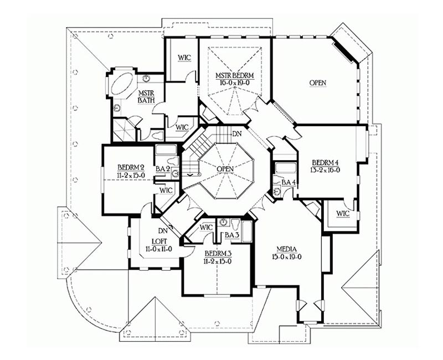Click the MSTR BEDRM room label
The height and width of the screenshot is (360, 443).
click(234, 76)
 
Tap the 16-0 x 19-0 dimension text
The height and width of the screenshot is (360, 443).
click(234, 83)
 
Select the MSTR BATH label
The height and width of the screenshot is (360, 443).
click(146, 96)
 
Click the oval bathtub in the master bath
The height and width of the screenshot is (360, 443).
click(123, 84)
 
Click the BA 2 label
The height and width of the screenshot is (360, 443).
click(163, 169)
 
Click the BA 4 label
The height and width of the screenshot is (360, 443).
click(289, 183)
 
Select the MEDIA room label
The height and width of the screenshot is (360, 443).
click(286, 250)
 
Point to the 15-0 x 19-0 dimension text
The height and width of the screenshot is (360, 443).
click(286, 256)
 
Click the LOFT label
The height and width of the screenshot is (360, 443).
click(159, 241)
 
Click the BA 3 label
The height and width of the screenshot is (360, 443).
click(232, 235)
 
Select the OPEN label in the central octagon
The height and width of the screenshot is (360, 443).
click(225, 169)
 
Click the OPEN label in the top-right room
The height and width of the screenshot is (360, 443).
click(318, 83)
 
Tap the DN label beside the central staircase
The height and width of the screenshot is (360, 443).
click(237, 134)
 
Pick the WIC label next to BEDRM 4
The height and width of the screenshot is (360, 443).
click(343, 214)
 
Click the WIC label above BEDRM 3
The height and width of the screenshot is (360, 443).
click(206, 227)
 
